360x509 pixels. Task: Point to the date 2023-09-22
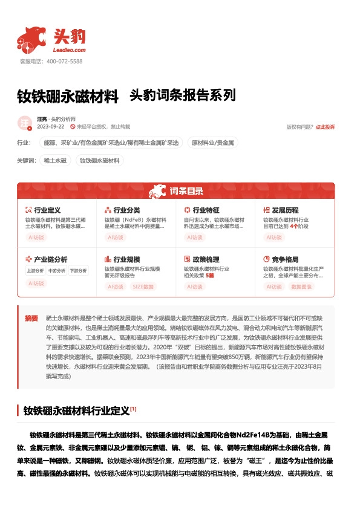pyautogui.click(x=51, y=127)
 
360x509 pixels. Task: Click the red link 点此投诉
pyautogui.click(x=325, y=128)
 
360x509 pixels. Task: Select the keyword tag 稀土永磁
pyautogui.click(x=54, y=160)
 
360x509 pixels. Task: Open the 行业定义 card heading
pyautogui.click(x=47, y=209)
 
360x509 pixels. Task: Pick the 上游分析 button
pyautogui.click(x=35, y=271)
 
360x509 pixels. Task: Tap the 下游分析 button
pyautogui.click(x=77, y=271)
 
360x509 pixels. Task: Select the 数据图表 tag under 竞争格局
pyautogui.click(x=301, y=286)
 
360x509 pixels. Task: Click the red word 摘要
pyautogui.click(x=31, y=318)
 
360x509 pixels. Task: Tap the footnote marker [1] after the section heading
pyautogui.click(x=133, y=409)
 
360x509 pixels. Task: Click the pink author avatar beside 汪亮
pyautogui.click(x=25, y=123)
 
